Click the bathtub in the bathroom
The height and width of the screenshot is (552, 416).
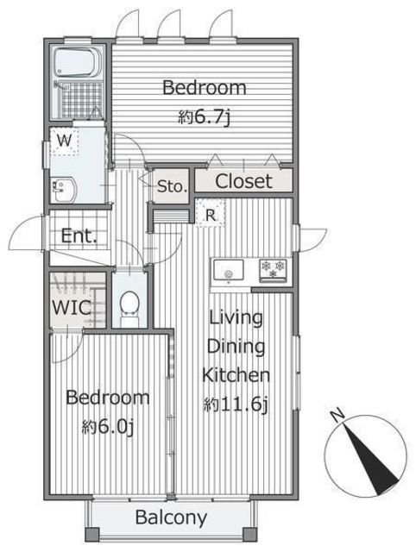click(x=79, y=62)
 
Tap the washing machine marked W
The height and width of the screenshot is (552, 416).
click(x=64, y=141)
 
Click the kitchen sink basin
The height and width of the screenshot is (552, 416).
click(x=229, y=270)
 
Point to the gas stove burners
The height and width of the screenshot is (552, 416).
click(x=273, y=270)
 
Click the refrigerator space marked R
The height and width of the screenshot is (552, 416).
click(x=211, y=213)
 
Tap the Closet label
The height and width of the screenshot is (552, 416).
click(x=243, y=181)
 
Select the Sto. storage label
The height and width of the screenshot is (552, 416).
click(x=172, y=186)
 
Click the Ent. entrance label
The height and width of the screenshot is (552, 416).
click(x=79, y=235)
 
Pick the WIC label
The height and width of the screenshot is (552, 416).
click(x=72, y=307)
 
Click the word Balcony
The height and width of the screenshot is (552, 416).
click(x=171, y=517)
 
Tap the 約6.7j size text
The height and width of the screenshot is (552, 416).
click(x=205, y=117)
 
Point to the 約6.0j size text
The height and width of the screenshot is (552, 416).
click(x=108, y=427)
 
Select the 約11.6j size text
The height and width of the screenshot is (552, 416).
click(x=236, y=405)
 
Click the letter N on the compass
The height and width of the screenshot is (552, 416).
click(x=338, y=415)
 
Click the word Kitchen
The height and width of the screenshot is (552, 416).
click(x=236, y=375)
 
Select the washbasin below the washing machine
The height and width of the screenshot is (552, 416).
click(x=63, y=189)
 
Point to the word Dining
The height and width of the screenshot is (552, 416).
click(x=236, y=347)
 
